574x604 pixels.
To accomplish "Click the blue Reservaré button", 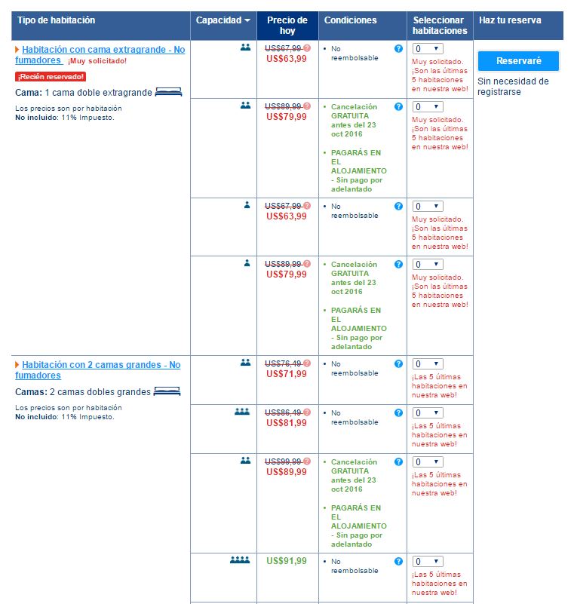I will pyautogui.click(x=518, y=61).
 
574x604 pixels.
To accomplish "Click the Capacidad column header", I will pyautogui.click(x=223, y=20).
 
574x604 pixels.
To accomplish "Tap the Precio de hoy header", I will pyautogui.click(x=287, y=26).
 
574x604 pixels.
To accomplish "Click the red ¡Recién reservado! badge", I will pyautogui.click(x=51, y=77).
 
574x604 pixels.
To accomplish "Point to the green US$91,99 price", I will pyautogui.click(x=287, y=561).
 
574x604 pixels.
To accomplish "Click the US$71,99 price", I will pyautogui.click(x=287, y=374).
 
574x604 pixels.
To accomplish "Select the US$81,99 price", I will pyautogui.click(x=287, y=423).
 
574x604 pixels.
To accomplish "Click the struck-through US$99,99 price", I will pyautogui.click(x=284, y=461).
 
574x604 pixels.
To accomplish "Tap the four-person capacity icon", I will pyautogui.click(x=240, y=560).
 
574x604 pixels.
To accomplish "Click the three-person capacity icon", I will pyautogui.click(x=242, y=412).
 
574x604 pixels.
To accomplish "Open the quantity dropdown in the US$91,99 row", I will pyautogui.click(x=428, y=561).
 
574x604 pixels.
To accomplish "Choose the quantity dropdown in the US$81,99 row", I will pyautogui.click(x=428, y=412).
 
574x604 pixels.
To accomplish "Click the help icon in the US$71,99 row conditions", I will pyautogui.click(x=398, y=363).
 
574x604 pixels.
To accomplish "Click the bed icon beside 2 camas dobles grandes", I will pyautogui.click(x=167, y=391).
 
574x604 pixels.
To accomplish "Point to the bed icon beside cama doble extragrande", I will pyautogui.click(x=168, y=92).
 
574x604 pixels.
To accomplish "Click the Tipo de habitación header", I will pyautogui.click(x=57, y=20).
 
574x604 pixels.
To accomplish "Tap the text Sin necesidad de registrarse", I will pyautogui.click(x=513, y=87).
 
